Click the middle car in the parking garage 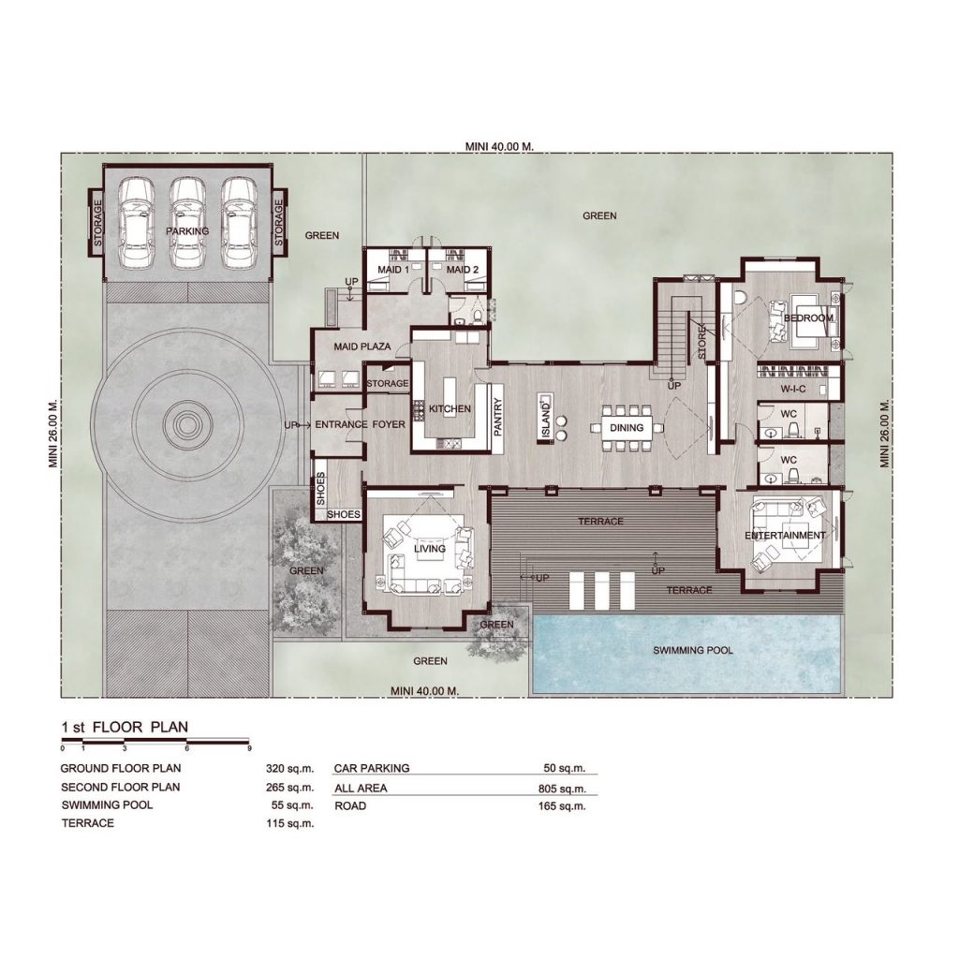[x=187, y=223]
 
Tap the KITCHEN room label [x=450, y=409]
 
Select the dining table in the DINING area [x=627, y=427]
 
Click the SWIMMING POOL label [x=692, y=650]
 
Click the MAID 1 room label [x=393, y=270]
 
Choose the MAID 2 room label [x=463, y=270]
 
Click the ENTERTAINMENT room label [x=785, y=536]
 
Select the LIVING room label [x=429, y=549]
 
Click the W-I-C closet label [x=792, y=389]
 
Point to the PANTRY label [x=497, y=417]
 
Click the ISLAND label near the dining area [x=546, y=420]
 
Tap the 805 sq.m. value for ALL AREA [x=562, y=789]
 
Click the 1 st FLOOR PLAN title [x=125, y=727]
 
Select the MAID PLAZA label [x=362, y=347]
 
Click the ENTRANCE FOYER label [x=360, y=424]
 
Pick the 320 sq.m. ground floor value [x=289, y=768]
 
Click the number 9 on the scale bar [x=249, y=748]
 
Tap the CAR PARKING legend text [x=372, y=768]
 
